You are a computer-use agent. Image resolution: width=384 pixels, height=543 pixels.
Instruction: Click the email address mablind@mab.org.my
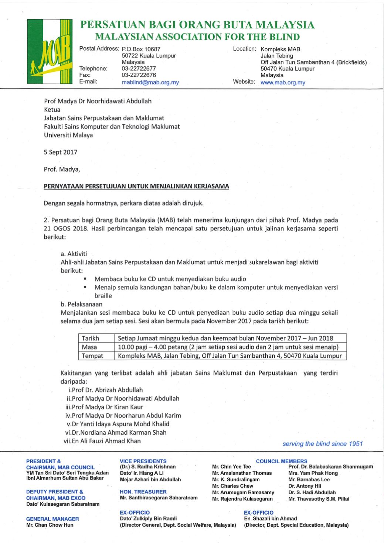(x=150, y=83)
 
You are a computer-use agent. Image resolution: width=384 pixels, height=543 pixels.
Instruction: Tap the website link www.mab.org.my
(x=283, y=83)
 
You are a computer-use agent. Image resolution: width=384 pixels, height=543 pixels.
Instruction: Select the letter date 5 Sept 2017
(x=61, y=152)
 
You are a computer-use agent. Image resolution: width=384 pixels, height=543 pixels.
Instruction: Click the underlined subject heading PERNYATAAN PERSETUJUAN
(x=136, y=186)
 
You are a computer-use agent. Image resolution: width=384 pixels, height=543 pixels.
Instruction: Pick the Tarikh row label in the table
(x=91, y=338)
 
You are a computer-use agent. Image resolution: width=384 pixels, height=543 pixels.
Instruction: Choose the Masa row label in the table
(x=89, y=347)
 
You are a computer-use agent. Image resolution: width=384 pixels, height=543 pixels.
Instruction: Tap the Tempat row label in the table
(x=92, y=356)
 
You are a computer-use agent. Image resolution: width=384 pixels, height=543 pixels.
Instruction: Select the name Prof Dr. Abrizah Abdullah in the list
(x=106, y=390)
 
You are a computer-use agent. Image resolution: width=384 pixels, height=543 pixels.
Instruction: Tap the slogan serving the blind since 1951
(x=322, y=444)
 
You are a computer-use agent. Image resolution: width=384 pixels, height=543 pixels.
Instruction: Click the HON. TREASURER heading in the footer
(x=143, y=492)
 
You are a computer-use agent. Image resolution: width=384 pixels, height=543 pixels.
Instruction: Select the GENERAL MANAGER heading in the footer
(x=52, y=519)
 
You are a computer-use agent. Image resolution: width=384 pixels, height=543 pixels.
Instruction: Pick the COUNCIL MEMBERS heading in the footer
(x=281, y=461)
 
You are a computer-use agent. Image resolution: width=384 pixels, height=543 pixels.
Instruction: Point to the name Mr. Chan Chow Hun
(x=50, y=525)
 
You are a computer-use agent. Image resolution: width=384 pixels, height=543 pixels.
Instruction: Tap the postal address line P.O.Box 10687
(x=141, y=49)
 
